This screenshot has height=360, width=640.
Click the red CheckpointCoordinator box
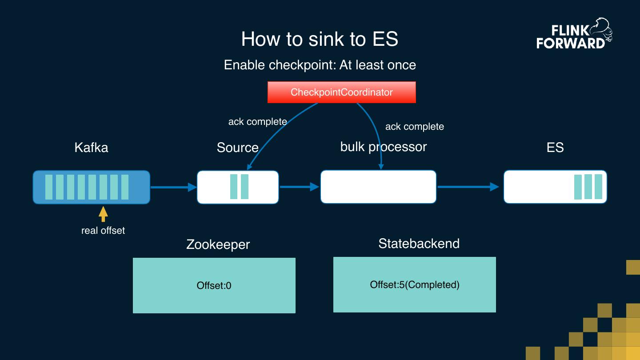tap(341, 92)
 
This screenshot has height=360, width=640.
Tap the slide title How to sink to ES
tap(320, 39)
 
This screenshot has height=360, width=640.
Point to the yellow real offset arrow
tap(103, 214)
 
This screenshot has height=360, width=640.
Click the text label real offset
tap(103, 230)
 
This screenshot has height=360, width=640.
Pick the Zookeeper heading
tap(218, 244)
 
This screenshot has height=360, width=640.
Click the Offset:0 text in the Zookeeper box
tap(214, 285)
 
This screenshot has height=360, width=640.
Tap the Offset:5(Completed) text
tap(414, 284)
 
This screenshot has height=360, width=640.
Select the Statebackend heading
tap(419, 244)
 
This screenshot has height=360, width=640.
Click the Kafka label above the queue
tap(91, 148)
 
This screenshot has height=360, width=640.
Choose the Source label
tap(237, 148)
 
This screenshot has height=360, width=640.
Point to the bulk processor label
tap(383, 147)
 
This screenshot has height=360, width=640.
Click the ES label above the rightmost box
tap(555, 148)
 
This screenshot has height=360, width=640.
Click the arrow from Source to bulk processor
tap(299, 187)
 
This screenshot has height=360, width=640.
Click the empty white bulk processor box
tap(378, 187)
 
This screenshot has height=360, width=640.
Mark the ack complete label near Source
tap(257, 122)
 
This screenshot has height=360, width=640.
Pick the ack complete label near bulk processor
tap(414, 127)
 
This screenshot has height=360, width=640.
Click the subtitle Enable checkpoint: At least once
tap(320, 65)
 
